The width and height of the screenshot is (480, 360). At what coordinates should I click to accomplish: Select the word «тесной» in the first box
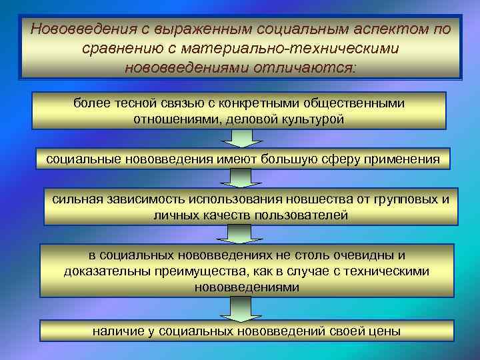[x=131, y=103]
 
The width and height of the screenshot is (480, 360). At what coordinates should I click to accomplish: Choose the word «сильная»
[x=76, y=199]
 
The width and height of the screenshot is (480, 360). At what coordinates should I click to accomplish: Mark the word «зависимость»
[x=143, y=199]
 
